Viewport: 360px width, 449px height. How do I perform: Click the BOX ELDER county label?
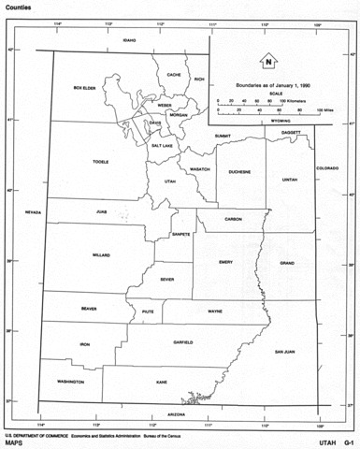point(85,88)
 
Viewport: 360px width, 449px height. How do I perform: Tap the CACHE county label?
point(173,74)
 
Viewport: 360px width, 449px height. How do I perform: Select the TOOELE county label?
point(101,162)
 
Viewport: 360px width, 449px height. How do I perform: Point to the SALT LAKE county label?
point(161,146)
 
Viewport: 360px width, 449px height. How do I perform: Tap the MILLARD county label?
point(101,254)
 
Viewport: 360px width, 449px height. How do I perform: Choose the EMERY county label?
point(225,262)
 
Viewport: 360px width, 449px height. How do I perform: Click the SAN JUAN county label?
point(283,352)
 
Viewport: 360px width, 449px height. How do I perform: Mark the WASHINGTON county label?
point(70,382)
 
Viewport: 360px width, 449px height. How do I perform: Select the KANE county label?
point(161,382)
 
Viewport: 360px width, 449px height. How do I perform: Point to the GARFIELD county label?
point(182,342)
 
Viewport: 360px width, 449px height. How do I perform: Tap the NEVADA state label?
point(34,212)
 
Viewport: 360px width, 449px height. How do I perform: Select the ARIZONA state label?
point(177,413)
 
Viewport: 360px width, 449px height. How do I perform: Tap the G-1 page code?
point(347,442)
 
